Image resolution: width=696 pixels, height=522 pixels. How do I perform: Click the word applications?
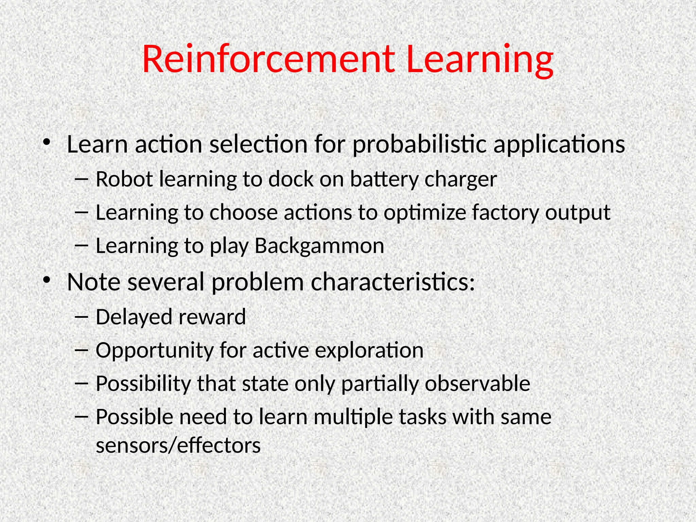tap(559, 144)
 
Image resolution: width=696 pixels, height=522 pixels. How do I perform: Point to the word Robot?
tap(124, 179)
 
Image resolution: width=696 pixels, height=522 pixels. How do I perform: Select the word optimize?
tap(425, 213)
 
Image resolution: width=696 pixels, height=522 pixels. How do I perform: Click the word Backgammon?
tap(319, 246)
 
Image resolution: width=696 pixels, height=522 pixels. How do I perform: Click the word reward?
tap(212, 317)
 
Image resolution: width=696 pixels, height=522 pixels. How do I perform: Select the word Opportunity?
tap(155, 351)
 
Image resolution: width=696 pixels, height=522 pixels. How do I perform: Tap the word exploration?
tap(369, 351)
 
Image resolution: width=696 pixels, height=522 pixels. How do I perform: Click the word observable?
tap(477, 384)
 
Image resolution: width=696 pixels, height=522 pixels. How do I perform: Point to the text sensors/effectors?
tap(178, 446)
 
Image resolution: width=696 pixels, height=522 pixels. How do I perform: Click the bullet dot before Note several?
tap(47, 280)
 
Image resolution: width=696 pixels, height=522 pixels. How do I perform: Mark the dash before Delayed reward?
tap(81, 317)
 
